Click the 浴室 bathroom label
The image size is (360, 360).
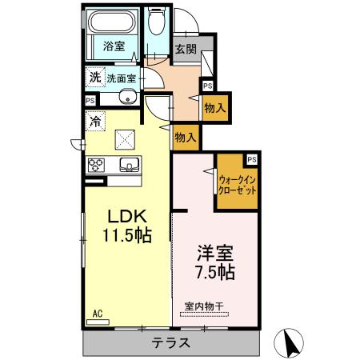(x=113, y=46)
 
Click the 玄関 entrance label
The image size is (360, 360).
(x=186, y=47)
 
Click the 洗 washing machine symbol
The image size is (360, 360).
(x=96, y=78)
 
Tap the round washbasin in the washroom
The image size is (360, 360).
(x=128, y=98)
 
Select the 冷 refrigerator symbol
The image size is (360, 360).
(x=96, y=122)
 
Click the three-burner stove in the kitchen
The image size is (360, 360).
(x=97, y=166)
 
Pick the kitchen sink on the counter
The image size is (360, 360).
(x=129, y=166)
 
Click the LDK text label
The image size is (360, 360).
(x=126, y=216)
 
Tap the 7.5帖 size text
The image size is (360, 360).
(x=215, y=273)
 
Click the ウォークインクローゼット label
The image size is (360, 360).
(x=238, y=185)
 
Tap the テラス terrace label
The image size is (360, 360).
(x=170, y=344)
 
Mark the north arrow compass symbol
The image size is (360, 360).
(x=289, y=343)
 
